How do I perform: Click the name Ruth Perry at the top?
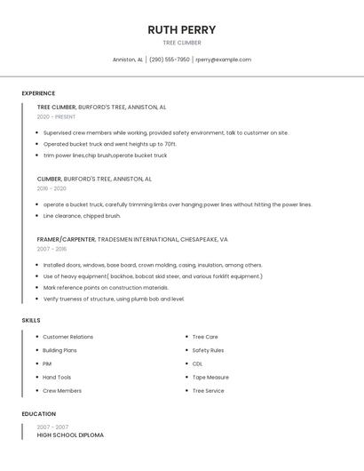(x=181, y=29)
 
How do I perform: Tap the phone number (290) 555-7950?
(x=169, y=60)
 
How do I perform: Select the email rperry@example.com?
(x=223, y=60)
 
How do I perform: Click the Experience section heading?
(x=38, y=93)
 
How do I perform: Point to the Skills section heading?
(x=31, y=320)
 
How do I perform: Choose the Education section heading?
(x=38, y=414)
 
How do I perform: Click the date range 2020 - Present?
(x=56, y=116)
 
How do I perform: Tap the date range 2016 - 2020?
(x=51, y=188)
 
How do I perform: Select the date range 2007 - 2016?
(x=51, y=249)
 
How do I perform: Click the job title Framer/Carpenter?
(x=66, y=239)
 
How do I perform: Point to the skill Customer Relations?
(x=67, y=337)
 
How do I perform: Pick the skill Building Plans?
(x=59, y=350)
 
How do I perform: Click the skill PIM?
(x=47, y=363)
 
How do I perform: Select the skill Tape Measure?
(x=210, y=377)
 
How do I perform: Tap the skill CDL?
(x=197, y=363)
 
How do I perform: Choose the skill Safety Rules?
(x=208, y=350)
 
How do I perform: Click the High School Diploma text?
(x=70, y=435)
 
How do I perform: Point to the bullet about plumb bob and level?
(x=114, y=299)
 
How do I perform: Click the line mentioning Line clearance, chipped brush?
(x=82, y=216)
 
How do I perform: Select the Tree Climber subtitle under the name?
(x=181, y=43)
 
